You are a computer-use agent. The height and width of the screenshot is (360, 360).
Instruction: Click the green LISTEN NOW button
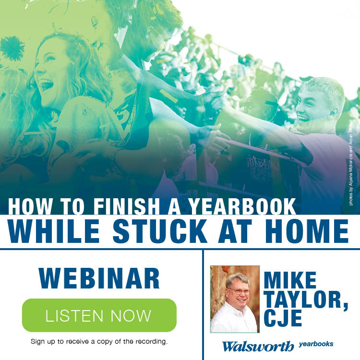99,315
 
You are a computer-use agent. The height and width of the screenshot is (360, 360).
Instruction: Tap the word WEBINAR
99,278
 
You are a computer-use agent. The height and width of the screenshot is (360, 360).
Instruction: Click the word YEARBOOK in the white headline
242,206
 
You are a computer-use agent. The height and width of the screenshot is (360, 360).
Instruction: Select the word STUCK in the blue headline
160,231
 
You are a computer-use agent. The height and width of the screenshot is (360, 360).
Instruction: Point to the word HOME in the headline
307,231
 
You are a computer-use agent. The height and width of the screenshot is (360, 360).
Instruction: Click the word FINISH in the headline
127,206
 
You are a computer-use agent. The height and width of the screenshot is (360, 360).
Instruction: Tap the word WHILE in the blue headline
54,231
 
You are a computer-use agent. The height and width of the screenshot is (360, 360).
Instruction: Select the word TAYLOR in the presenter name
303,300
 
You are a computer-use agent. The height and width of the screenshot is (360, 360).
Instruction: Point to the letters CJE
283,318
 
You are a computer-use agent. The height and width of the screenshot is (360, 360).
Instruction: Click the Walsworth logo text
258,346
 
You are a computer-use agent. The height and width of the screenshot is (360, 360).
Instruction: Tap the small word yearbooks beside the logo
316,344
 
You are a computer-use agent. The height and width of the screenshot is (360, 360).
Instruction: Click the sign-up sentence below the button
99,341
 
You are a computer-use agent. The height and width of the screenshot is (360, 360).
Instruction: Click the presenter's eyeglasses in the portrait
239,291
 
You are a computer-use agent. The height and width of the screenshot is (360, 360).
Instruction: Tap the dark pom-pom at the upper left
12,48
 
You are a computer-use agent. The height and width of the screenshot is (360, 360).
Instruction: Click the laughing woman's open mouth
46,85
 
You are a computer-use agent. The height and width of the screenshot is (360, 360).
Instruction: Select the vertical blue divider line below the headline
203,305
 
